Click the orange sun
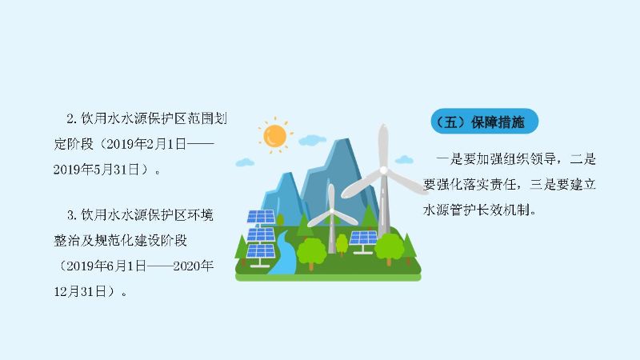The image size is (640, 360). (x=274, y=136)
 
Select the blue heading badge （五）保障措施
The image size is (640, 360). (x=485, y=122)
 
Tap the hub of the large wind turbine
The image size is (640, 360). (x=383, y=170)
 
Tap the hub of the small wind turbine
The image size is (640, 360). (x=332, y=212)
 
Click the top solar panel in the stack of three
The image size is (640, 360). (x=262, y=217)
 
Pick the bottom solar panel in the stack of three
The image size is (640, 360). (x=262, y=251)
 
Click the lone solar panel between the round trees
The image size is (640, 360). (x=363, y=238)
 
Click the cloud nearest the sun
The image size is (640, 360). (x=312, y=141)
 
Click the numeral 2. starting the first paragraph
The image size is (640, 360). (x=72, y=118)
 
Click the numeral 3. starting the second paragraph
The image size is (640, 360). (x=72, y=215)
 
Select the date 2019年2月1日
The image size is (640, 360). (x=146, y=144)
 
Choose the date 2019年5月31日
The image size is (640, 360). (x=96, y=170)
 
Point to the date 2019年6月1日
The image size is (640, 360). (x=106, y=266)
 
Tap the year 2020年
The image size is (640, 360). (x=193, y=266)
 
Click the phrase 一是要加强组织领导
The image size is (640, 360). (x=496, y=159)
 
